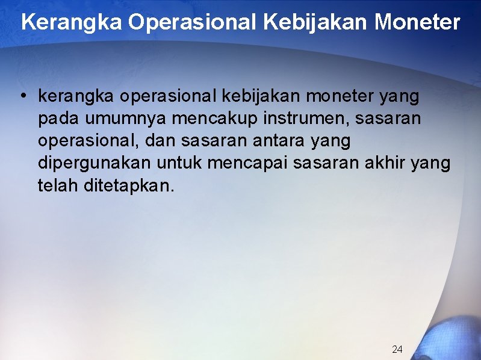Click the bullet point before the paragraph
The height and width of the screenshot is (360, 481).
point(22,96)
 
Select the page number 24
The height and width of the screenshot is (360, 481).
point(397,349)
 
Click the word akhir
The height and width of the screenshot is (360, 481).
point(385,163)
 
